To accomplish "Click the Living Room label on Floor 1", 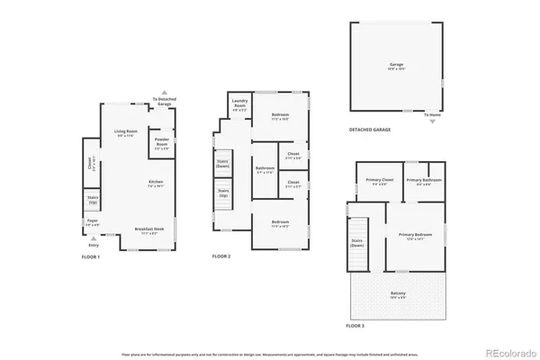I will [x=125, y=132].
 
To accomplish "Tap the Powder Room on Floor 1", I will [x=162, y=142].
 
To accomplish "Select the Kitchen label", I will [x=156, y=183].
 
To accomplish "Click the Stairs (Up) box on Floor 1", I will [x=93, y=200].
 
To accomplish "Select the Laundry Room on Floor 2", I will [x=239, y=105].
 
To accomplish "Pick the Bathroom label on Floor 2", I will [x=265, y=169].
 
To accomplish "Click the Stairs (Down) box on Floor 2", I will [x=222, y=164].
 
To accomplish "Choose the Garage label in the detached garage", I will [x=396, y=65].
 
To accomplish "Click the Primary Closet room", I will [x=379, y=182].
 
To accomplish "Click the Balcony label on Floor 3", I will [x=398, y=293].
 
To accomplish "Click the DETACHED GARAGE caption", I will [x=370, y=130].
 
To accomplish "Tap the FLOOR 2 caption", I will [x=221, y=257].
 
